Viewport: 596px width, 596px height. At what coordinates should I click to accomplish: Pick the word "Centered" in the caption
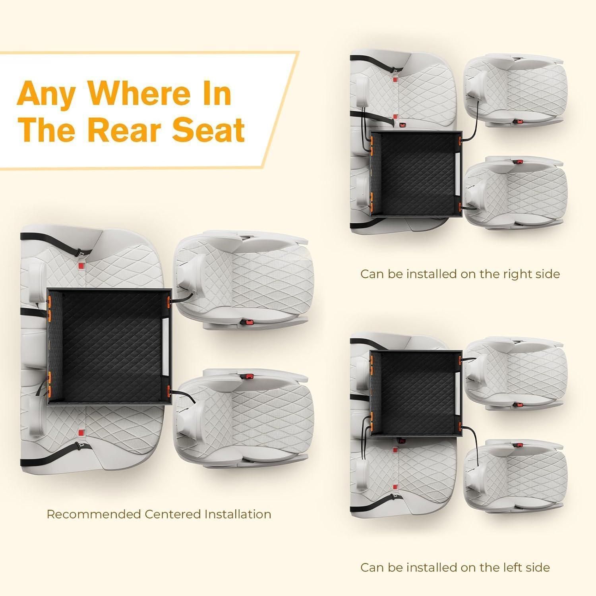[x=172, y=514]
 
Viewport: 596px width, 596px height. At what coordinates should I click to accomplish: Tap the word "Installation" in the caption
[x=238, y=514]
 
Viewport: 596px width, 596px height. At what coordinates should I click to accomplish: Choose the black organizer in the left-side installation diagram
[x=416, y=393]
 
